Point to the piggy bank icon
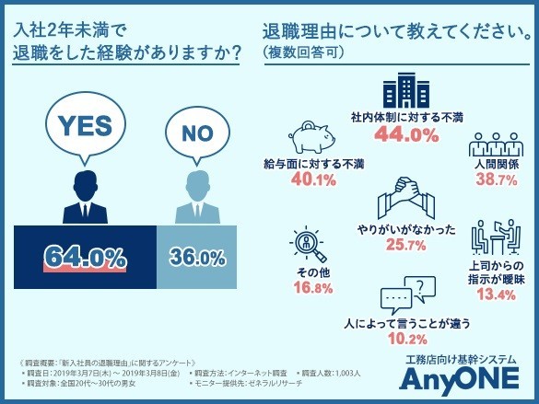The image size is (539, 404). [x=315, y=137]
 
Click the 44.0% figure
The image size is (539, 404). [x=405, y=135]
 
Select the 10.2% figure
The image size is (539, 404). [x=406, y=340]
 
